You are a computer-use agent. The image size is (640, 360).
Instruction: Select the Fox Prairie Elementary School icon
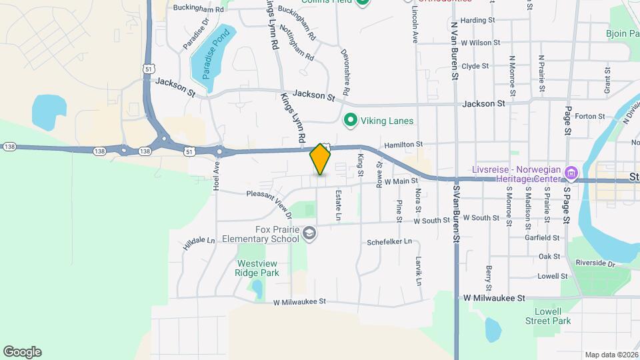click(309, 233)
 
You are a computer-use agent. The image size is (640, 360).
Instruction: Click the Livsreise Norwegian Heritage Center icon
click(571, 174)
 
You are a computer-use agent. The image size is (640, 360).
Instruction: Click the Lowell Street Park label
click(553, 316)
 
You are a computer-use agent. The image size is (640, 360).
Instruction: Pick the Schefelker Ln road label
click(389, 242)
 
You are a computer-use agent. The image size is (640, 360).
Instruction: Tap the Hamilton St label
click(403, 144)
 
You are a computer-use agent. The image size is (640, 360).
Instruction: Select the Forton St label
click(589, 116)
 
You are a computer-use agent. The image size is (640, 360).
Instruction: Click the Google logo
click(22, 352)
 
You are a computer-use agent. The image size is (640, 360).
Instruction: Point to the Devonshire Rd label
click(345, 71)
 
